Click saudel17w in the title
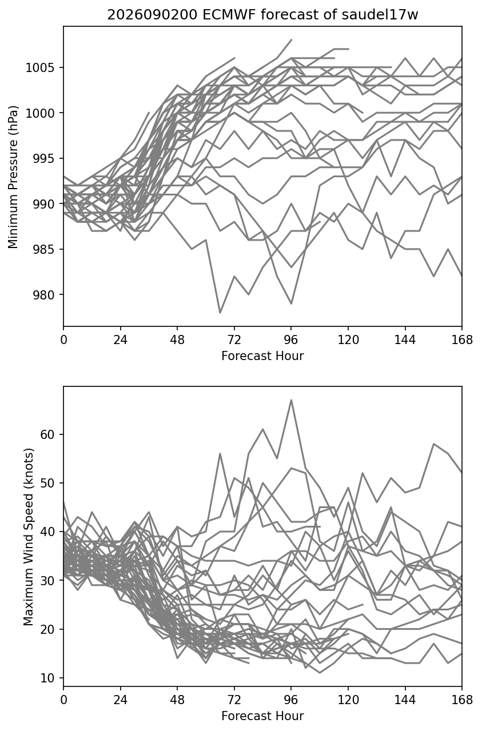coord(380,15)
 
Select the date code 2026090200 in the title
coord(152,15)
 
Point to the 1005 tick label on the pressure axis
coord(40,67)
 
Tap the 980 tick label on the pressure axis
coord(44,295)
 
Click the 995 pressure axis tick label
coord(44,158)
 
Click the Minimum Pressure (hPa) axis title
coord(13,177)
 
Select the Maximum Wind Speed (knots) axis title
coord(29,537)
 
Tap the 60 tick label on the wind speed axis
coord(47,434)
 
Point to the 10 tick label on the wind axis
coord(47,678)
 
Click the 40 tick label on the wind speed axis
coord(47,532)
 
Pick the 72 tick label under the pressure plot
coord(234,340)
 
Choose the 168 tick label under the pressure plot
coord(462,340)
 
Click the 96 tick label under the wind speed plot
coord(291,700)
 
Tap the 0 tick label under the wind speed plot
coord(63,700)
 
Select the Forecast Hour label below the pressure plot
coord(262,355)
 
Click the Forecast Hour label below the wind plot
coord(262,716)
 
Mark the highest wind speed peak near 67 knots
coord(291,400)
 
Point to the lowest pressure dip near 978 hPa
coord(220,313)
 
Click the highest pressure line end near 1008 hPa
coord(291,40)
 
